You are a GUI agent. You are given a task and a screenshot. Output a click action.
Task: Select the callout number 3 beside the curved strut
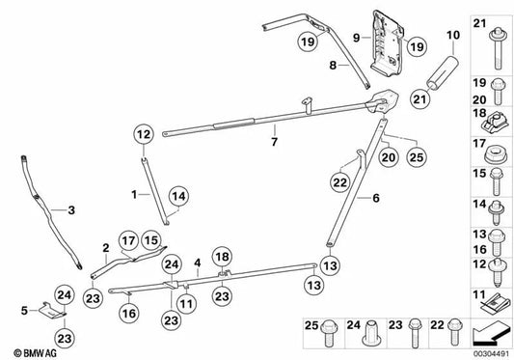coord(68,208)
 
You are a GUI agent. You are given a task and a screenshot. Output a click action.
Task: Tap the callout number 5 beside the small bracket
coord(24,311)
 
